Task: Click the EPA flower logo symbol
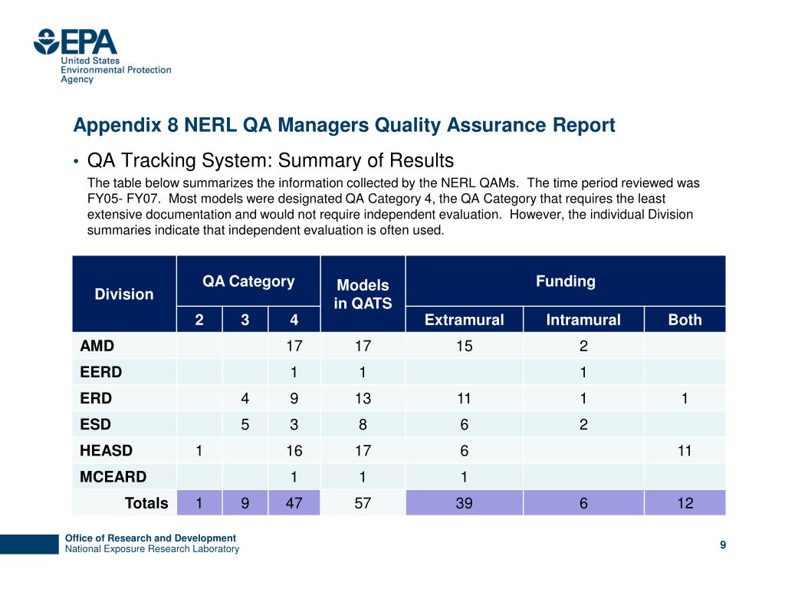pyautogui.click(x=46, y=41)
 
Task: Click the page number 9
pyautogui.click(x=723, y=545)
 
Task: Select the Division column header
pyautogui.click(x=124, y=294)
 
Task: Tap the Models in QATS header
pyautogui.click(x=363, y=294)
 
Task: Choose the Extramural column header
pyautogui.click(x=464, y=320)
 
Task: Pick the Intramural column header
pyautogui.click(x=583, y=320)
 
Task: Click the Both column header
pyautogui.click(x=685, y=320)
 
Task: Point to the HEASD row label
pyautogui.click(x=106, y=451)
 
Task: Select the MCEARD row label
pyautogui.click(x=113, y=477)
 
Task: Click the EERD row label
pyautogui.click(x=101, y=372)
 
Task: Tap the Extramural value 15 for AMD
pyautogui.click(x=464, y=346)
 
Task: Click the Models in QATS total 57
pyautogui.click(x=363, y=503)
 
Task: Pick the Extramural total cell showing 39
pyautogui.click(x=464, y=503)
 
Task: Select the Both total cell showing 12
pyautogui.click(x=685, y=503)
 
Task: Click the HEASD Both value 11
pyautogui.click(x=685, y=451)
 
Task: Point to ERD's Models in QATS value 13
pyautogui.click(x=363, y=399)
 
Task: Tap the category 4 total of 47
pyautogui.click(x=294, y=503)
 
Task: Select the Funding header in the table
pyautogui.click(x=566, y=281)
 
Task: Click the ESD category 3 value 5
pyautogui.click(x=245, y=425)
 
